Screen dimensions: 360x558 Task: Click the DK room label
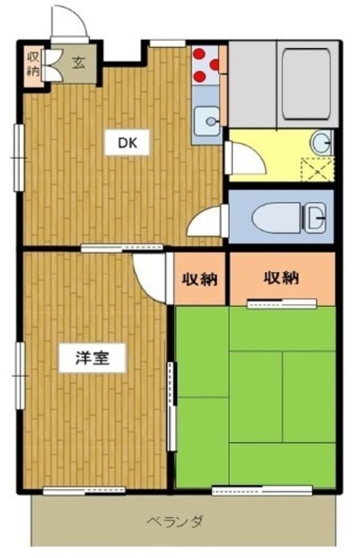(127, 142)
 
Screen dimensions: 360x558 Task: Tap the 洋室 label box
(92, 357)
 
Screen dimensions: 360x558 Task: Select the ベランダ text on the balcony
(176, 521)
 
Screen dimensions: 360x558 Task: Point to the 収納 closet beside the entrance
(33, 65)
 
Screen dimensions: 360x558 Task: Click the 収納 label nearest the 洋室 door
(200, 279)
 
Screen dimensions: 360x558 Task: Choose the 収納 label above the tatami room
(281, 277)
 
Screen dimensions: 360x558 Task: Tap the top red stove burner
(200, 54)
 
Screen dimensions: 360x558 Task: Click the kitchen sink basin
(207, 121)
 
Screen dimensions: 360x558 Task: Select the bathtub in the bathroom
(307, 84)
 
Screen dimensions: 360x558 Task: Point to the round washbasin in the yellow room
(322, 143)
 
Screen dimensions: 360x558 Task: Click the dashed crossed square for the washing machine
(317, 169)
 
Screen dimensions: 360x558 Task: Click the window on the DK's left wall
(18, 157)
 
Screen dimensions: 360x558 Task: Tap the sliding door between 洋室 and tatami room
(173, 406)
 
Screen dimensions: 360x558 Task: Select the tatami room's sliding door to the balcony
(262, 490)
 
